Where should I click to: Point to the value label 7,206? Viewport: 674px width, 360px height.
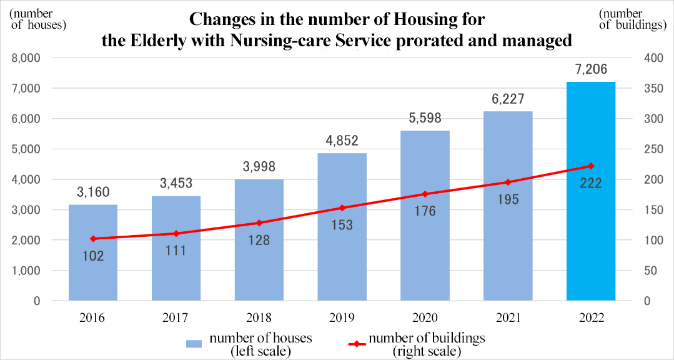click(591, 69)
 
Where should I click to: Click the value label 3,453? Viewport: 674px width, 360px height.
click(176, 183)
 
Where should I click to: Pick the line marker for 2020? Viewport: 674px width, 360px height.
click(425, 194)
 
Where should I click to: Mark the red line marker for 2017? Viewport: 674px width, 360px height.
click(176, 233)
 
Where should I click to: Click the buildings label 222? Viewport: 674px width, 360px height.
click(591, 182)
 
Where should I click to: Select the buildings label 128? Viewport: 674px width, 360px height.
click(259, 239)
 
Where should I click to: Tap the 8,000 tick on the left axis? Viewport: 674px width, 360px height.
click(26, 58)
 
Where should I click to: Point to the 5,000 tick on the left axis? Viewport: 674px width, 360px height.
click(26, 149)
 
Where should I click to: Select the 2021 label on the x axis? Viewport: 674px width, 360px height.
click(508, 318)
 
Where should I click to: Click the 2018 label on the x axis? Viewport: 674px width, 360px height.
click(259, 318)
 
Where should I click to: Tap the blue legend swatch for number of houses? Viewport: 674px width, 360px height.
click(194, 344)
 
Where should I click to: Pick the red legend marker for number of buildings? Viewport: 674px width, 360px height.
click(357, 344)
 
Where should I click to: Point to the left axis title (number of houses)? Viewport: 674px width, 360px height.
click(37, 19)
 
